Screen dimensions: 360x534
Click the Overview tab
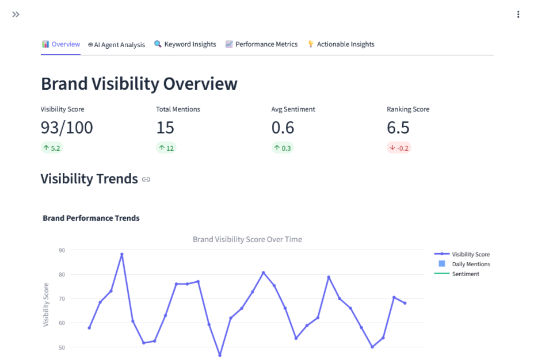click(61, 44)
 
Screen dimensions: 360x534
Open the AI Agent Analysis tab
click(116, 44)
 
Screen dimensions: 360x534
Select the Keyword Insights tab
click(185, 44)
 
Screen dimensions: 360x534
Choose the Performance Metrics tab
click(261, 44)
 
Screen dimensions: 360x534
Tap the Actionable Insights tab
click(341, 44)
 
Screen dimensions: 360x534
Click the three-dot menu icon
click(518, 14)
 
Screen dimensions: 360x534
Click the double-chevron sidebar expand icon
click(16, 14)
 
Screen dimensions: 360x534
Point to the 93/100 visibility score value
click(67, 128)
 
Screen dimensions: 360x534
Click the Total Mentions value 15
click(165, 128)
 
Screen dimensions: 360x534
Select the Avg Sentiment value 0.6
click(283, 128)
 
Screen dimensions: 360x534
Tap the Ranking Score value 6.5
click(398, 128)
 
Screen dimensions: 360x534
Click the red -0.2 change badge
click(399, 148)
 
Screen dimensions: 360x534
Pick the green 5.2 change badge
click(51, 148)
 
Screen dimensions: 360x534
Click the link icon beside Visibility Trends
click(146, 179)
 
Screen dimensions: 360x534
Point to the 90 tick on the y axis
click(62, 250)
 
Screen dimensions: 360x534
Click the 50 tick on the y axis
click(62, 347)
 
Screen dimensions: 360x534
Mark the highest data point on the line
click(122, 254)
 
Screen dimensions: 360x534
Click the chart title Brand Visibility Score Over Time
click(247, 239)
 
